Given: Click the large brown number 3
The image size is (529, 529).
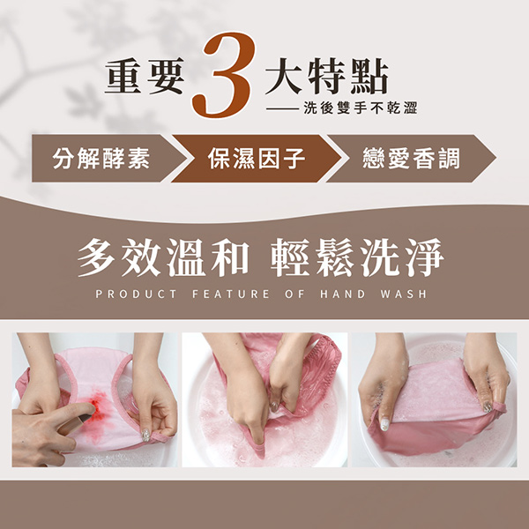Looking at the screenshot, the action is pyautogui.click(x=223, y=75).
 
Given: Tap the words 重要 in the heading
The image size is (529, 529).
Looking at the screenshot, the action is pyautogui.click(x=145, y=76).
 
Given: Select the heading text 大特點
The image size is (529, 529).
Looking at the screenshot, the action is pyautogui.click(x=326, y=76).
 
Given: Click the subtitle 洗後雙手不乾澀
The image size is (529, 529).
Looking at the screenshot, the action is pyautogui.click(x=361, y=108).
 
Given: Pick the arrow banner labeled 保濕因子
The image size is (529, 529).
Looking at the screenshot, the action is pyautogui.click(x=257, y=158).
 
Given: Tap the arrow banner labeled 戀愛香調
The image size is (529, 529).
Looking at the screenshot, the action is pyautogui.click(x=411, y=158).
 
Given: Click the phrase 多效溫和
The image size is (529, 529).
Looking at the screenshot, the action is pyautogui.click(x=163, y=257).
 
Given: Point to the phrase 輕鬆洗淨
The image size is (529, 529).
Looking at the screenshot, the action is pyautogui.click(x=358, y=257).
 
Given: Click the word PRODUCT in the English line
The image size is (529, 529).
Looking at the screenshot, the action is pyautogui.click(x=136, y=294).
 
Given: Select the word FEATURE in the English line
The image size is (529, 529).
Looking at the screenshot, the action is pyautogui.click(x=231, y=294).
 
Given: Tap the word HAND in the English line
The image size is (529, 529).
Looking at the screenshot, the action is pyautogui.click(x=343, y=294).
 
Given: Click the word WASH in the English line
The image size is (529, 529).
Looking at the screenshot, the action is pyautogui.click(x=404, y=294).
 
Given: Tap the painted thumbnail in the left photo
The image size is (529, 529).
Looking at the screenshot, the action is pyautogui.click(x=145, y=435).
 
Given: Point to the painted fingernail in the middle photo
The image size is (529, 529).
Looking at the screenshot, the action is pyautogui.click(x=274, y=406).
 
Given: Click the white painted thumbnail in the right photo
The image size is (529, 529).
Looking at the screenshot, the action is pyautogui.click(x=385, y=424).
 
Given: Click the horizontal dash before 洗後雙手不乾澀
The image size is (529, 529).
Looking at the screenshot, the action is pyautogui.click(x=282, y=108).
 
